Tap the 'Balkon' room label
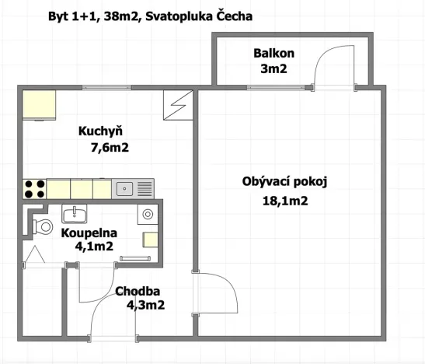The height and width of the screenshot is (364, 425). click(x=273, y=54)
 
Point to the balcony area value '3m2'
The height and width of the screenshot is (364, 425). click(x=273, y=68)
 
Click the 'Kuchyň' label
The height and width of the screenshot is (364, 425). click(x=99, y=131)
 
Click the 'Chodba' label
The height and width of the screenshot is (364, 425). click(x=139, y=292)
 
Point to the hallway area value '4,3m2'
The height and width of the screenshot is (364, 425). click(x=145, y=306)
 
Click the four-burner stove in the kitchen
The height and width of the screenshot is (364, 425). click(x=34, y=188)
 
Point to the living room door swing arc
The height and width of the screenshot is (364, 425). click(x=220, y=293)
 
